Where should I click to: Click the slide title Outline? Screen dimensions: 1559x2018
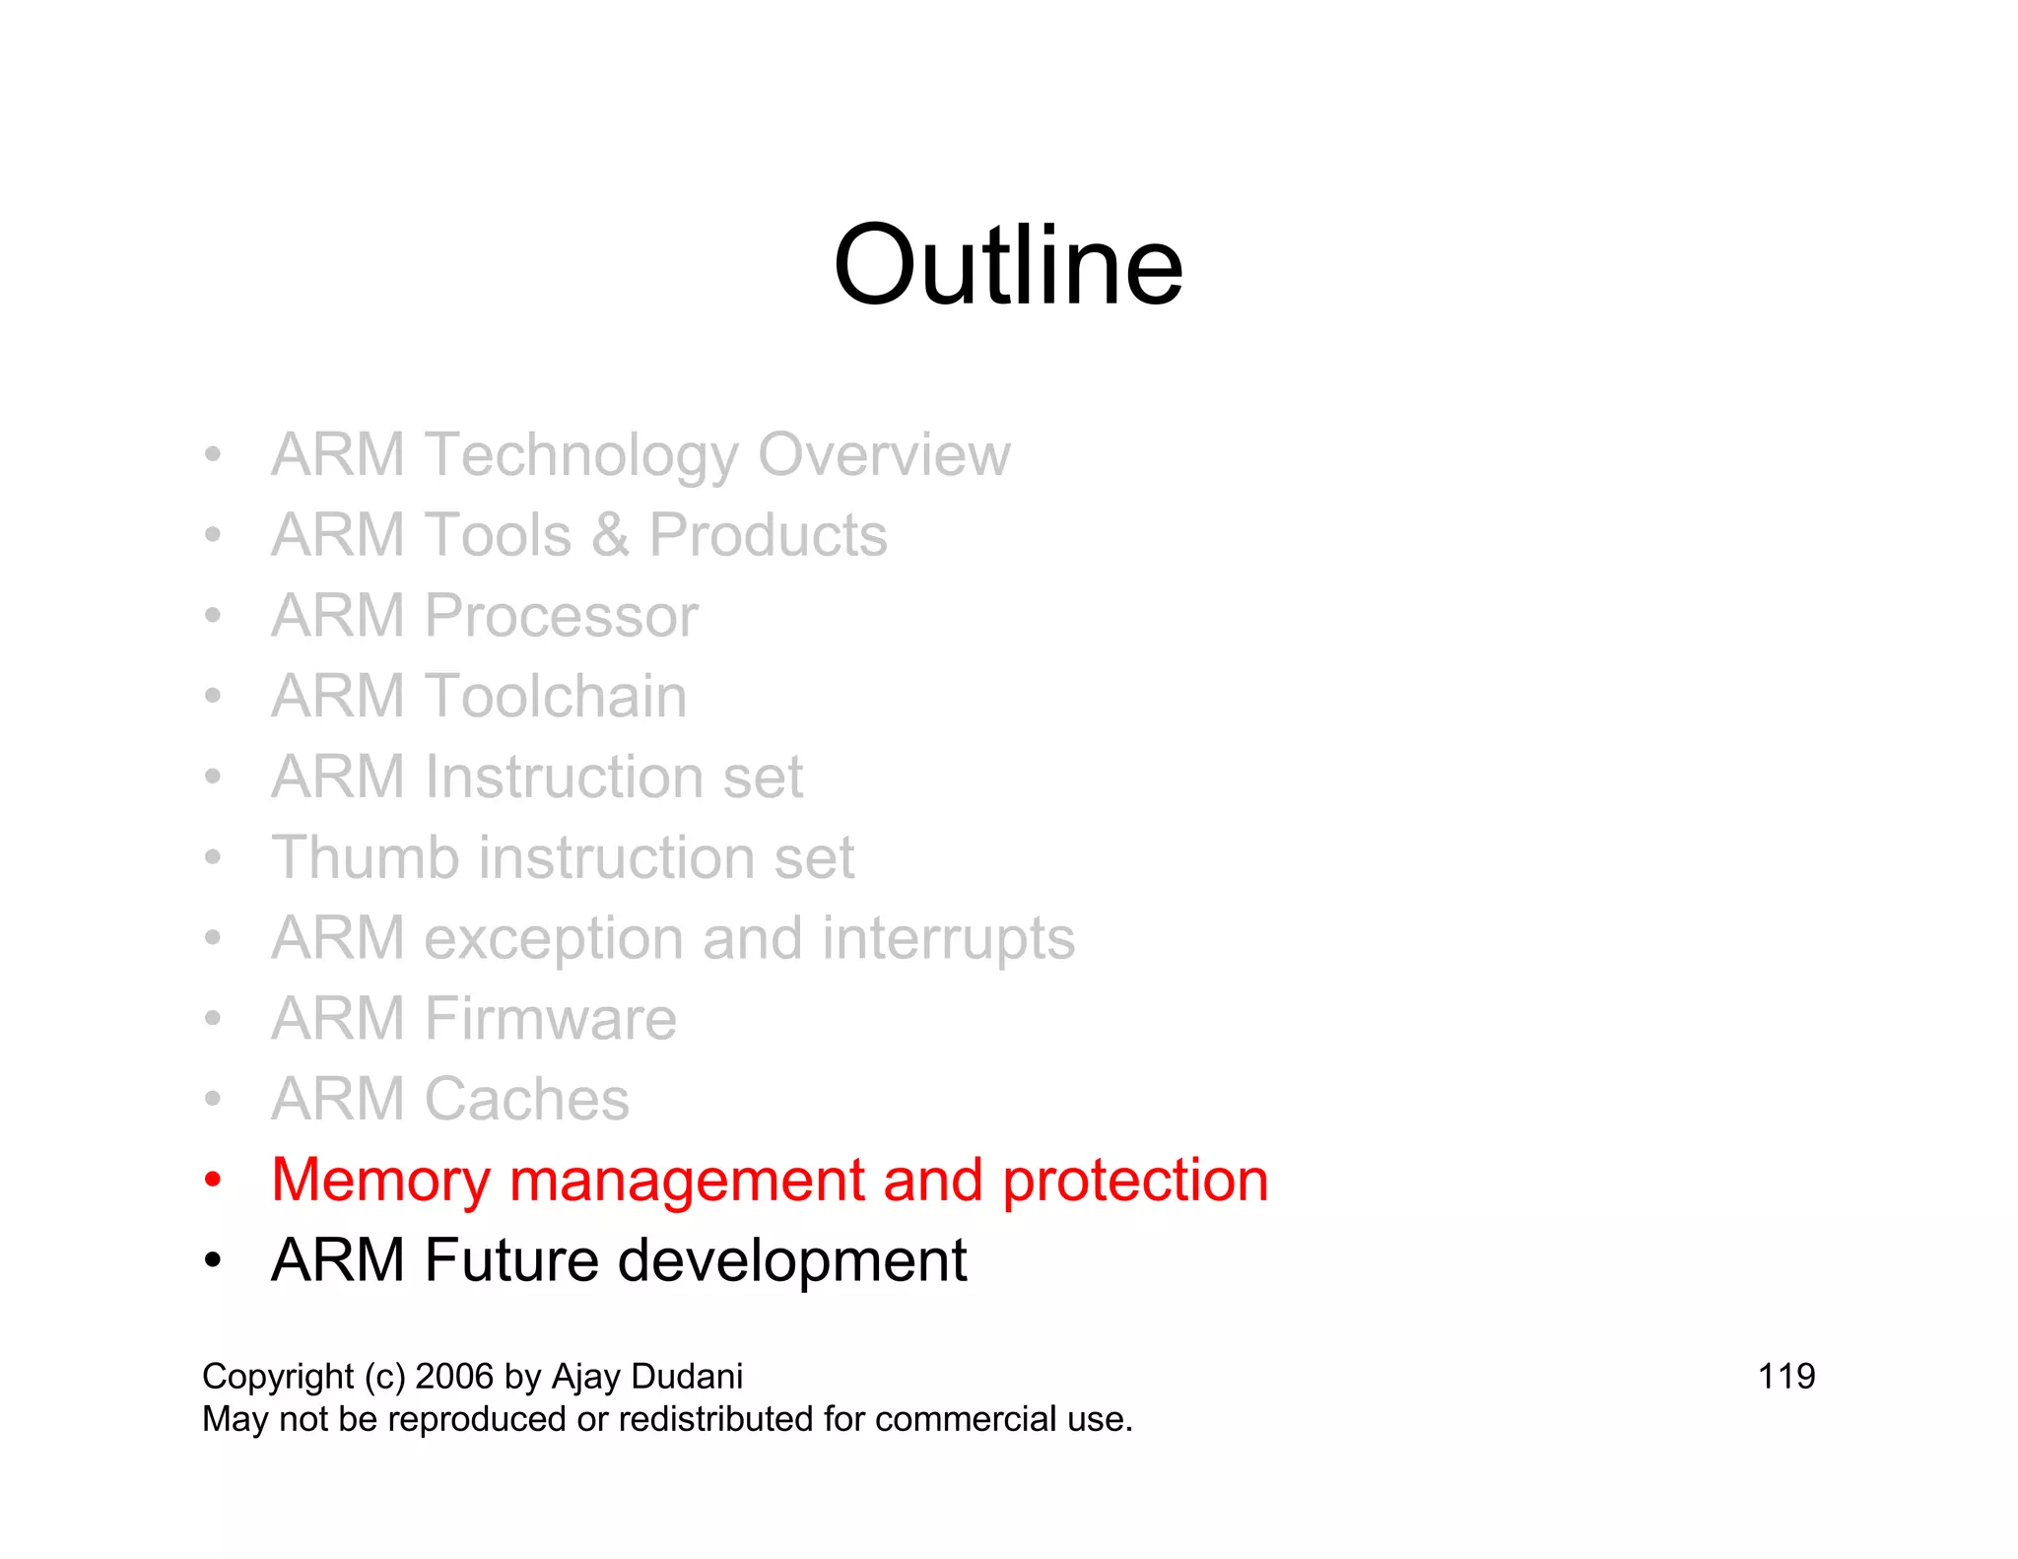point(1007,266)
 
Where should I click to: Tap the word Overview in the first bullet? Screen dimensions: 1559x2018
point(884,455)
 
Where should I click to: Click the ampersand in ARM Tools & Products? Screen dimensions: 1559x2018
point(610,536)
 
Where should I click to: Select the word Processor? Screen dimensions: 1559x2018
point(561,617)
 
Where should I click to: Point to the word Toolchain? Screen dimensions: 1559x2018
point(556,697)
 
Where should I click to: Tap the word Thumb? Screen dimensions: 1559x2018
point(366,857)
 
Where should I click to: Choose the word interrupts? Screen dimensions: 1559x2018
point(948,938)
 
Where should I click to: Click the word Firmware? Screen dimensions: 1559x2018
point(550,1019)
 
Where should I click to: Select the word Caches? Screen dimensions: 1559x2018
point(526,1100)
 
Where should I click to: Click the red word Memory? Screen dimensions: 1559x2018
point(380,1181)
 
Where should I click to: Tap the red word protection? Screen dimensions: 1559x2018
point(1135,1181)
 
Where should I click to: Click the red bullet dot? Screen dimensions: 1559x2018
point(212,1181)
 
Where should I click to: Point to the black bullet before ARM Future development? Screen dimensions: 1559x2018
point(212,1261)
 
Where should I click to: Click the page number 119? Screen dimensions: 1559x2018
point(1785,1377)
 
